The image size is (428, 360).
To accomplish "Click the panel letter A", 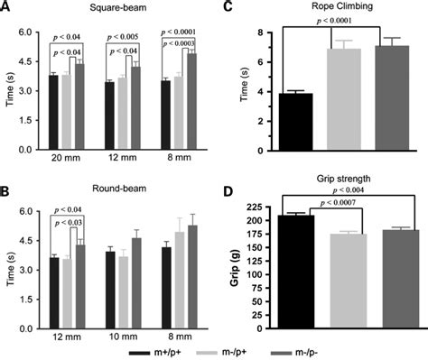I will (6, 6).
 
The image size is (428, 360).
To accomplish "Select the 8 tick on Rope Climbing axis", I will (258, 33).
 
